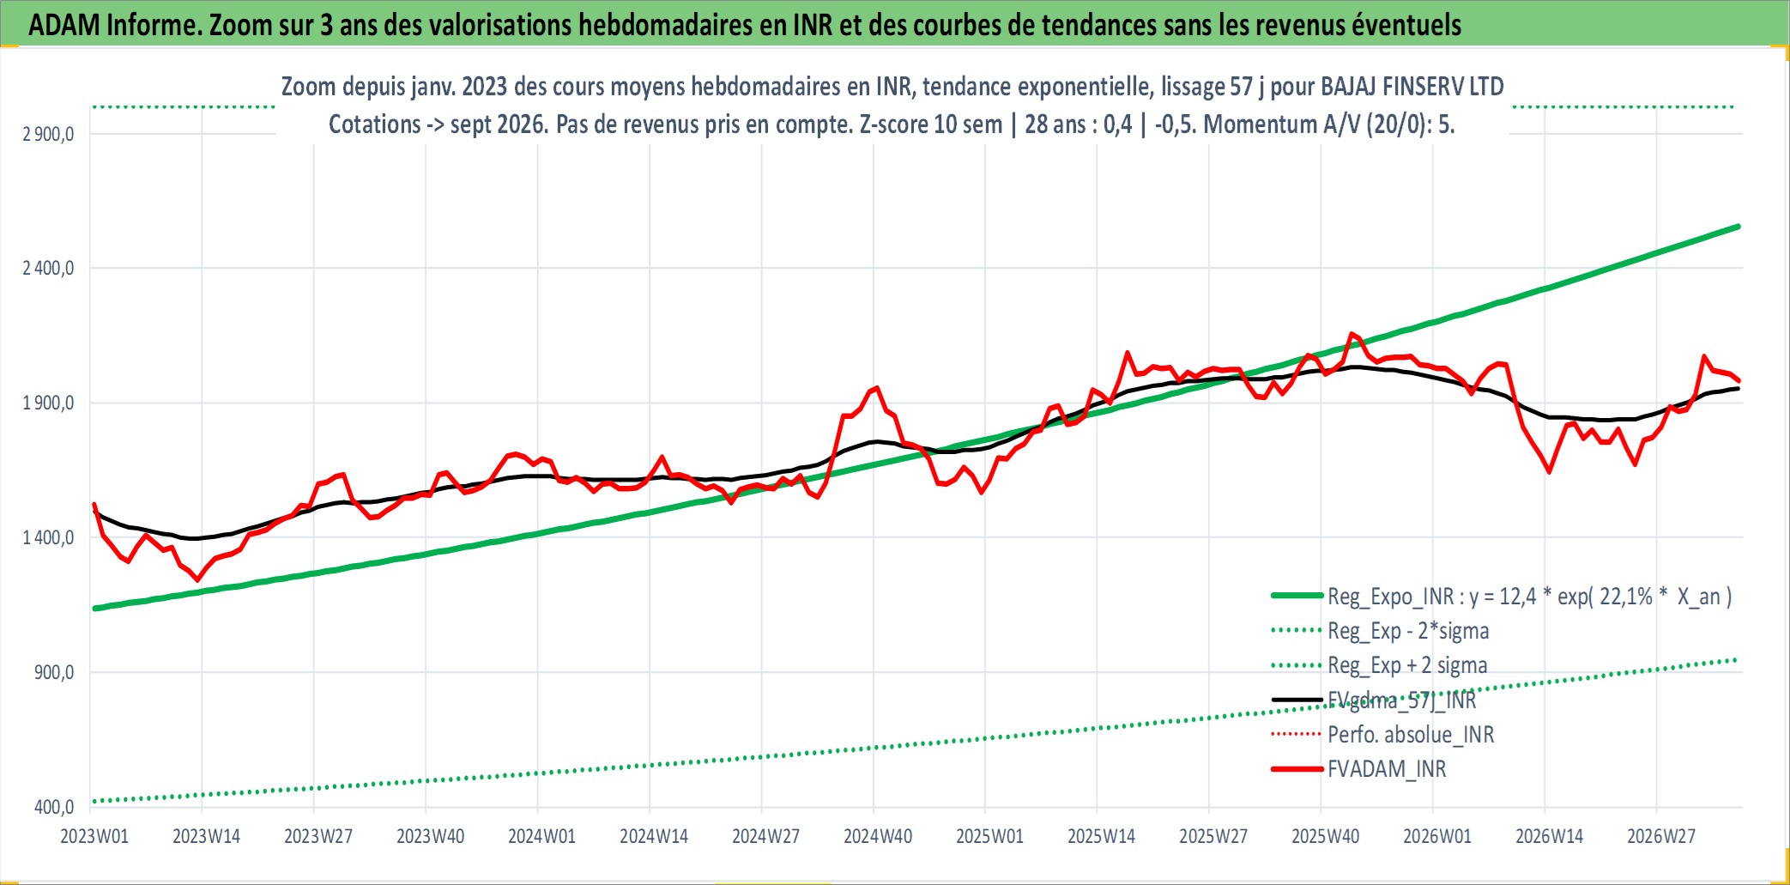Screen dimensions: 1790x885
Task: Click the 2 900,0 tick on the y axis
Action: (x=48, y=134)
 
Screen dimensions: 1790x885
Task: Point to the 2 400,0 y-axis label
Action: (x=48, y=268)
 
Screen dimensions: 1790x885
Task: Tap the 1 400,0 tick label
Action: (x=48, y=537)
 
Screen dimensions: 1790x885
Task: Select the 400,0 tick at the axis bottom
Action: (x=54, y=807)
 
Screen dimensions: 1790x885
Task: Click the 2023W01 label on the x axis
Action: (x=94, y=836)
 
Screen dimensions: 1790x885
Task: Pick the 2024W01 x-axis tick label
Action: (x=542, y=836)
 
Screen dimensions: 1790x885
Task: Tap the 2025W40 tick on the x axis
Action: (x=1326, y=836)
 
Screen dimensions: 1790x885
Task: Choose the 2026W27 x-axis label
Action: (x=1661, y=836)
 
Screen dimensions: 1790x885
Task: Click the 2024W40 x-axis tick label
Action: (x=878, y=836)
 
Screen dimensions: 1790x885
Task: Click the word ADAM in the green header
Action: (x=64, y=25)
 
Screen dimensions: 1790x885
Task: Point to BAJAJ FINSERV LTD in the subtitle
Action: (x=1412, y=87)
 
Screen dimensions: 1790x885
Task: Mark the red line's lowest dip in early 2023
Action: (x=198, y=580)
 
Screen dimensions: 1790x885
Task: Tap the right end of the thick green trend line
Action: (x=1739, y=227)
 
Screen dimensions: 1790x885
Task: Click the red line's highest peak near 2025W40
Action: (x=1352, y=334)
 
